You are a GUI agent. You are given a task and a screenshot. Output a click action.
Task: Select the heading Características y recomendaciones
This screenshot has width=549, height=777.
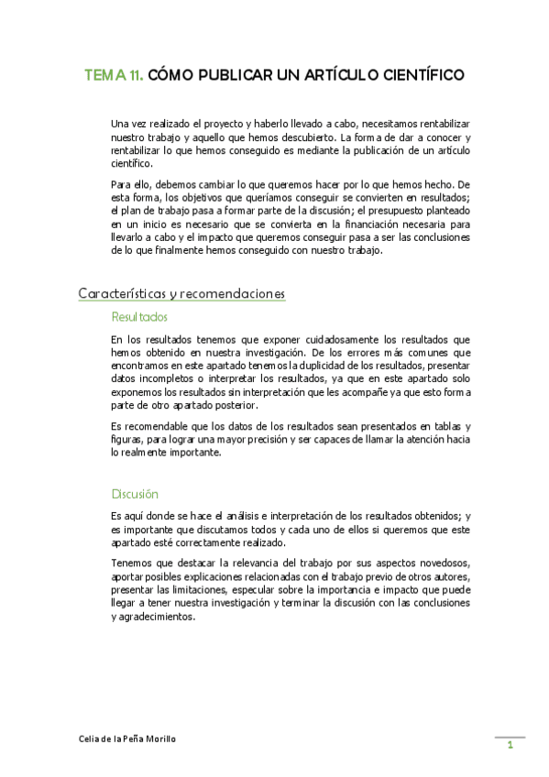[181, 293]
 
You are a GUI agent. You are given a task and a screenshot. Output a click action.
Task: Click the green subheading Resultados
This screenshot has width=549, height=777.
[139, 317]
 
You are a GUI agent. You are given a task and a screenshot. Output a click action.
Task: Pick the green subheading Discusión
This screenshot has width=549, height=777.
[135, 493]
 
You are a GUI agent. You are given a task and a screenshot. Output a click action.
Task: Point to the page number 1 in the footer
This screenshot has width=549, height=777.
[511, 747]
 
